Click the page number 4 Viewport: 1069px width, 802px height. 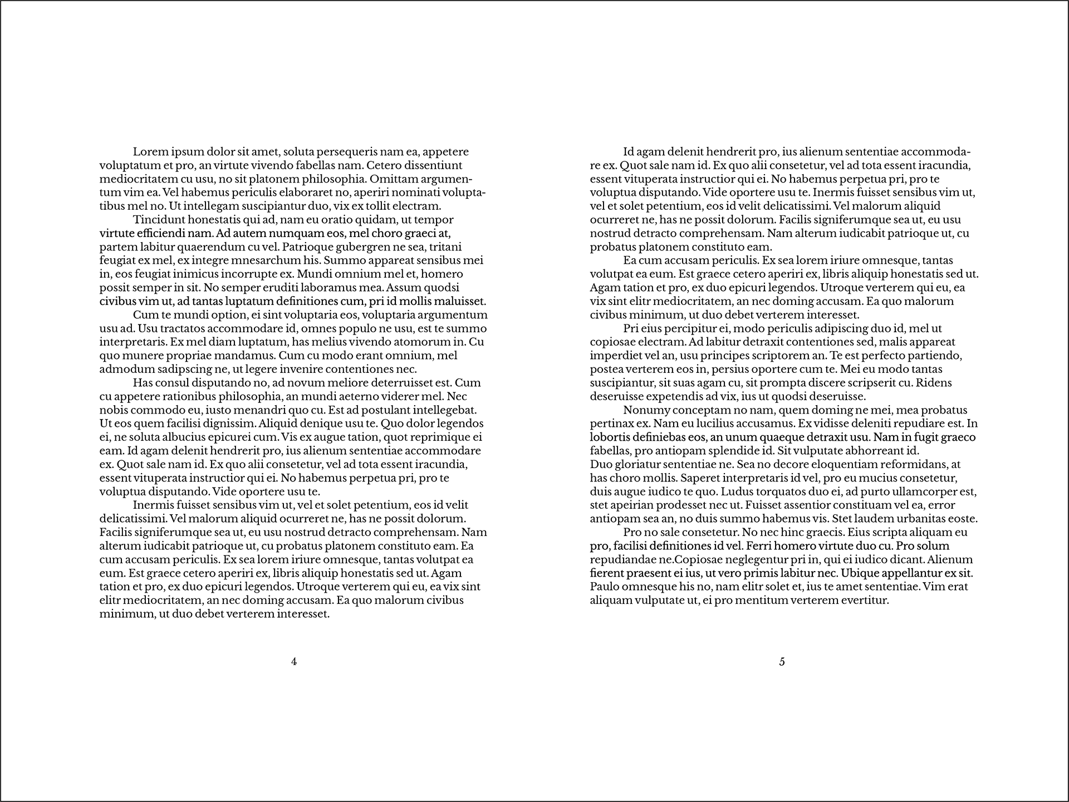tap(294, 662)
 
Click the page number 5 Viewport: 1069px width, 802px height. tap(782, 662)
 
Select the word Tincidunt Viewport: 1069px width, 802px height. tap(159, 220)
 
